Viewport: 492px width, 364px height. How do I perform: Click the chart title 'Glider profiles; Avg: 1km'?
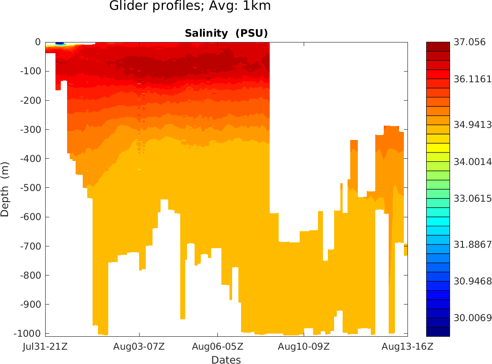[190, 7]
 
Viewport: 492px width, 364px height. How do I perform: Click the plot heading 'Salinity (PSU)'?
[226, 34]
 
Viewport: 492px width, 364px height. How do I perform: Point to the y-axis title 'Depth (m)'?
[5, 189]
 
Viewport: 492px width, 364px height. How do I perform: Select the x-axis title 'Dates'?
[226, 360]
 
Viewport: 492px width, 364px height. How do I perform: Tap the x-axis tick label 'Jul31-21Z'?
[45, 346]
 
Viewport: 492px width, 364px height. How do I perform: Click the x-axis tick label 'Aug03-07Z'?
[139, 346]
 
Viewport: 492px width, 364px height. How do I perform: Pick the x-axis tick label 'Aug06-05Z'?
[218, 346]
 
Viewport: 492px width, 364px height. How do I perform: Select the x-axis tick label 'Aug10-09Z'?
[304, 346]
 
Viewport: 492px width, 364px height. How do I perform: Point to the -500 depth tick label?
[30, 188]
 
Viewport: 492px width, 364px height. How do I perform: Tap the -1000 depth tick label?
[28, 334]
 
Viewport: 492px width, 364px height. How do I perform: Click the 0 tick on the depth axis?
[38, 42]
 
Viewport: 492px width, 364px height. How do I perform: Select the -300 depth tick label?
[30, 130]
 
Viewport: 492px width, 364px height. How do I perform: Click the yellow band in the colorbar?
[438, 148]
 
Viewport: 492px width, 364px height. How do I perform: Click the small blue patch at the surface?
[60, 43]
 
